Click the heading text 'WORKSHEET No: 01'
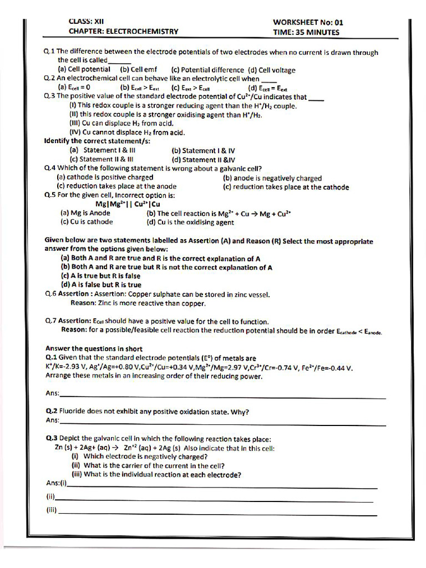coord(308,22)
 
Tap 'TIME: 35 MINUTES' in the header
coord(306,32)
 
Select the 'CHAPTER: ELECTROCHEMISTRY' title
coord(123,32)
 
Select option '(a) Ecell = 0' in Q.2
coord(74,88)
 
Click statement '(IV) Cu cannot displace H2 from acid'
coord(127,133)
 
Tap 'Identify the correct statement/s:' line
coord(97,141)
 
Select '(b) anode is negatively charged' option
coord(272,178)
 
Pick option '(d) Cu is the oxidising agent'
coord(190,222)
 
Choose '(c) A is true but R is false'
coord(100,276)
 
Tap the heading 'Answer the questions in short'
coord(94,349)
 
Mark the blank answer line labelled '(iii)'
coord(216,514)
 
